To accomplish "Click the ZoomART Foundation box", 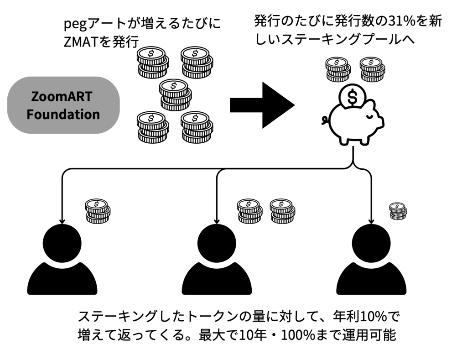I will [63, 105].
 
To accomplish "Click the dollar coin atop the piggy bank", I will [353, 95].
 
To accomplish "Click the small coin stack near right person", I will [398, 211].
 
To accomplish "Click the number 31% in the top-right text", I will [396, 21].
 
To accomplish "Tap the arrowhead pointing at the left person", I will [61, 218].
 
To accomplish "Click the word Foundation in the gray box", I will [63, 114].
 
